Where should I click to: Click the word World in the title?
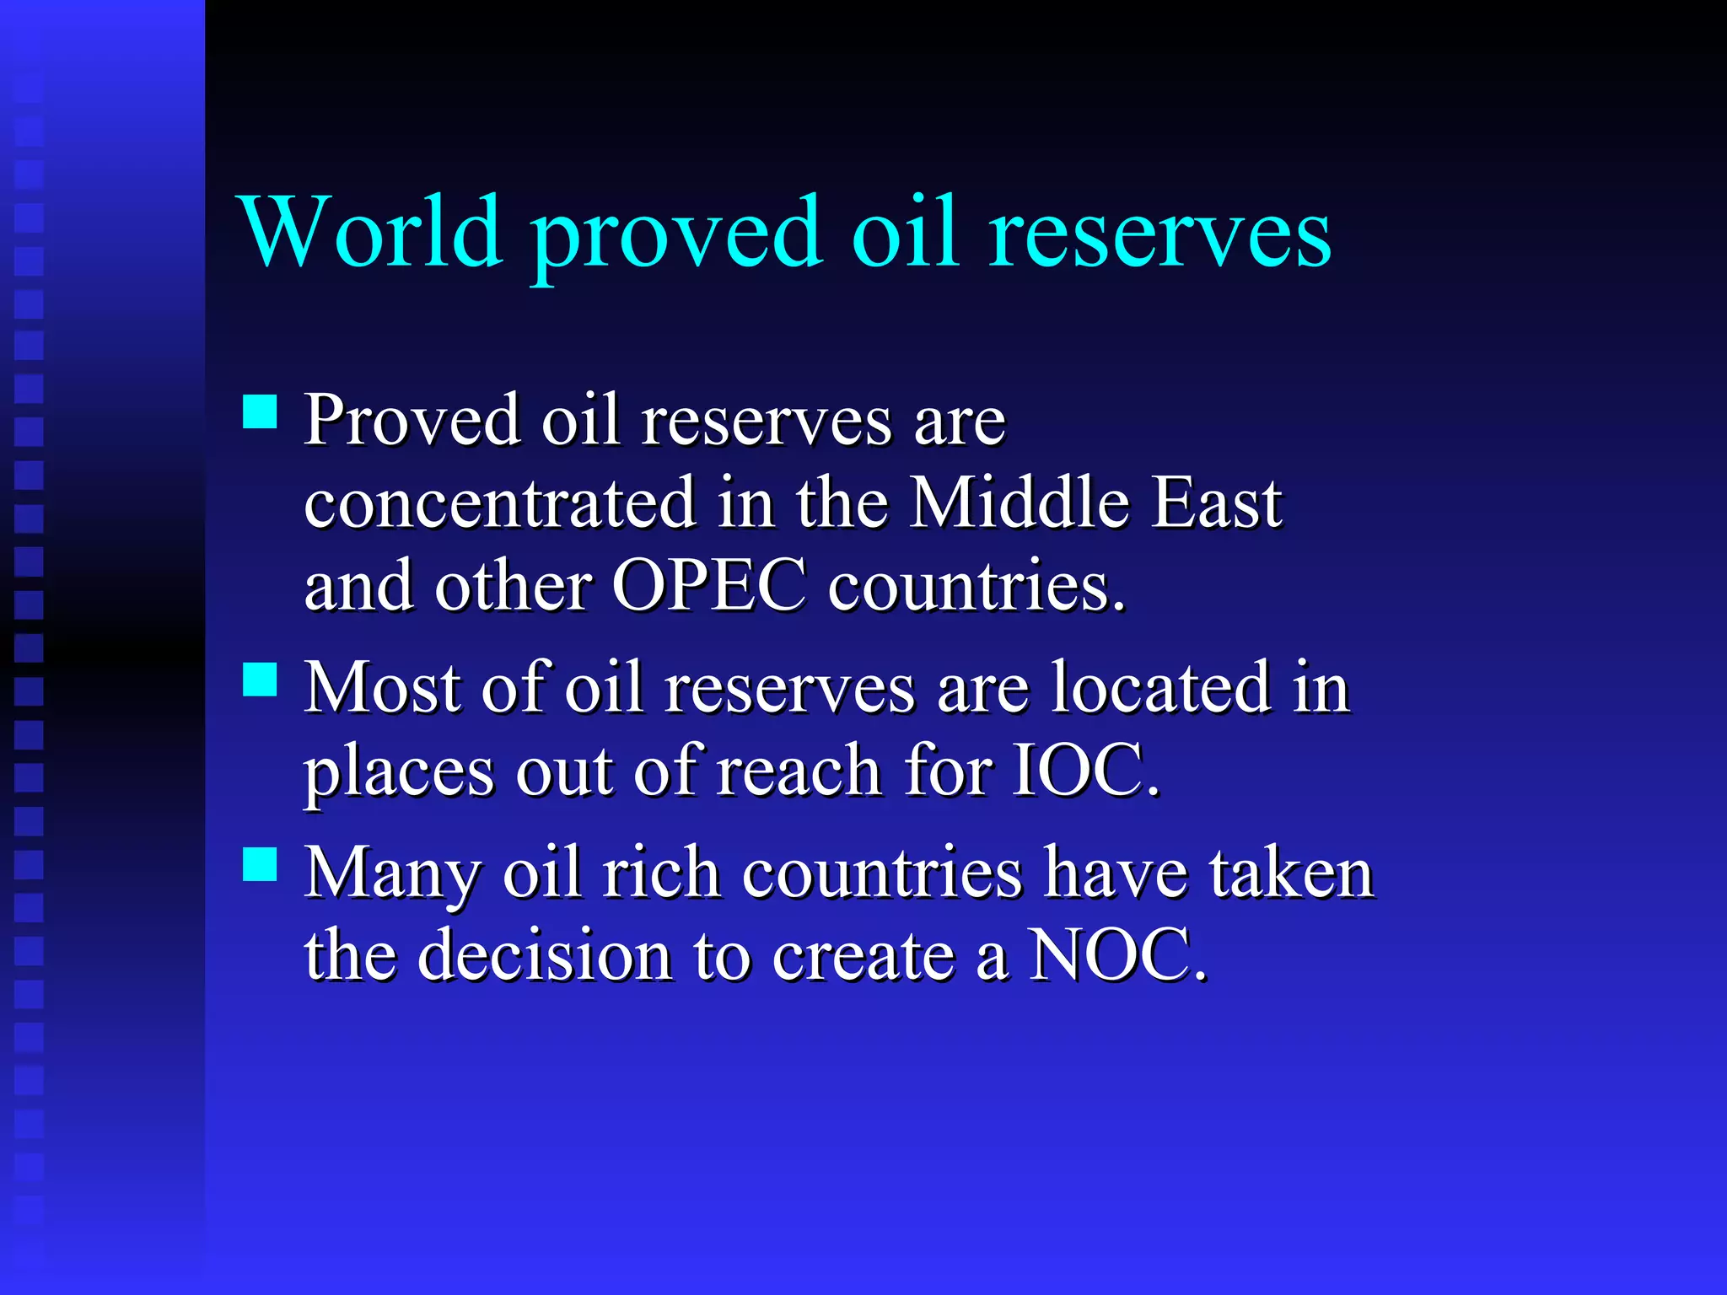tap(371, 231)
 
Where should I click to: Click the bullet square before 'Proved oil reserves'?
tap(260, 412)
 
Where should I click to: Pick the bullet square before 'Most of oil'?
tap(260, 679)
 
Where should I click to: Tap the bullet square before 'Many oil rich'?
tap(260, 864)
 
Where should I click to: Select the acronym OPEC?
tap(708, 586)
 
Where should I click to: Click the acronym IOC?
tap(1084, 770)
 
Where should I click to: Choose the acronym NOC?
tap(1117, 955)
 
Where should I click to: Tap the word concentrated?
tap(500, 502)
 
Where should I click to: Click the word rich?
tap(661, 873)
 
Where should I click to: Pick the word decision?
tap(545, 955)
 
